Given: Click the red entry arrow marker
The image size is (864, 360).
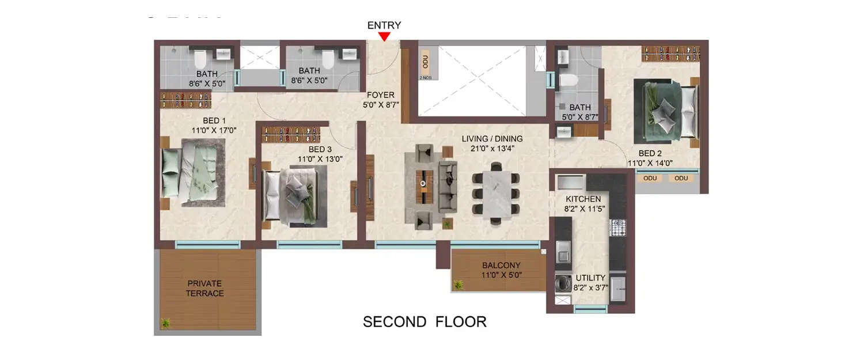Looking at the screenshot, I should coord(384,36).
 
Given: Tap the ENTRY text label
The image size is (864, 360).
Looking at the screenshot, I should coord(384,25).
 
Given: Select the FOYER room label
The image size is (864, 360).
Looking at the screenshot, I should coord(381,94).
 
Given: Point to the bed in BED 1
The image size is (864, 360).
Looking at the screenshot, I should coord(190,175).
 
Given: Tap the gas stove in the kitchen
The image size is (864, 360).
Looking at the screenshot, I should coord(617,229).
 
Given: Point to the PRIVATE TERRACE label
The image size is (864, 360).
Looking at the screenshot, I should coord(204,288).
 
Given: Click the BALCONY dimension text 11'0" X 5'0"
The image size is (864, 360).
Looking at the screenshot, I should coord(501,275).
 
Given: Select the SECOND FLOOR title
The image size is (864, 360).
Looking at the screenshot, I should coord(425,321).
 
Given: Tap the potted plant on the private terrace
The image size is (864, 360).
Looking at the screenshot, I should coord(166,323).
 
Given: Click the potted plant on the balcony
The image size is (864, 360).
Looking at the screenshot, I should coord(459,285).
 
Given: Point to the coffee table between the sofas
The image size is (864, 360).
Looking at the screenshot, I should coord(427,187).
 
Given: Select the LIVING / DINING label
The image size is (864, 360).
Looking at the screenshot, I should coord(492,138).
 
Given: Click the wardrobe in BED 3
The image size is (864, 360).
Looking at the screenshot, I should coord(291,134).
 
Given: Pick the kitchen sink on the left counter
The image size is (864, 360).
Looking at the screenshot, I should coord(562,251).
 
